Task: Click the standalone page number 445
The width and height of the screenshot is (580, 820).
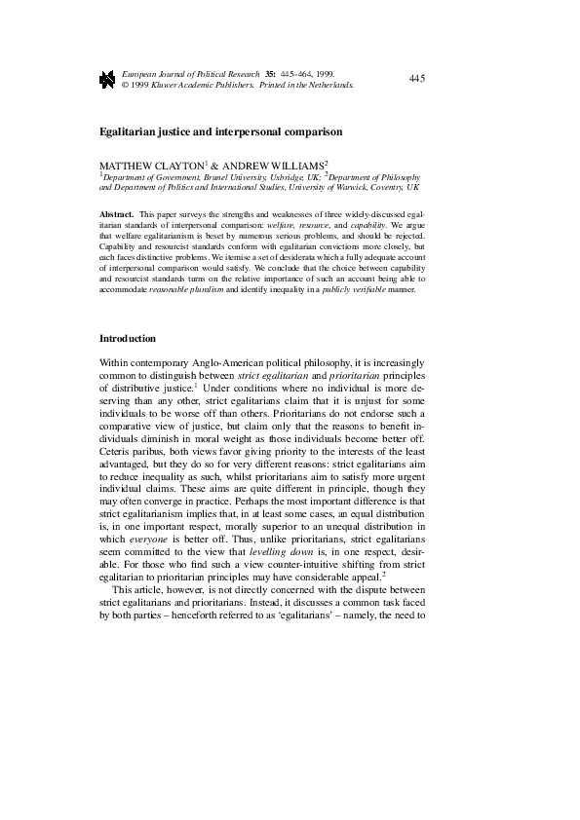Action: pyautogui.click(x=418, y=78)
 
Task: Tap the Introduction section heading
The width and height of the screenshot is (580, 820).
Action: pyautogui.click(x=128, y=339)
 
